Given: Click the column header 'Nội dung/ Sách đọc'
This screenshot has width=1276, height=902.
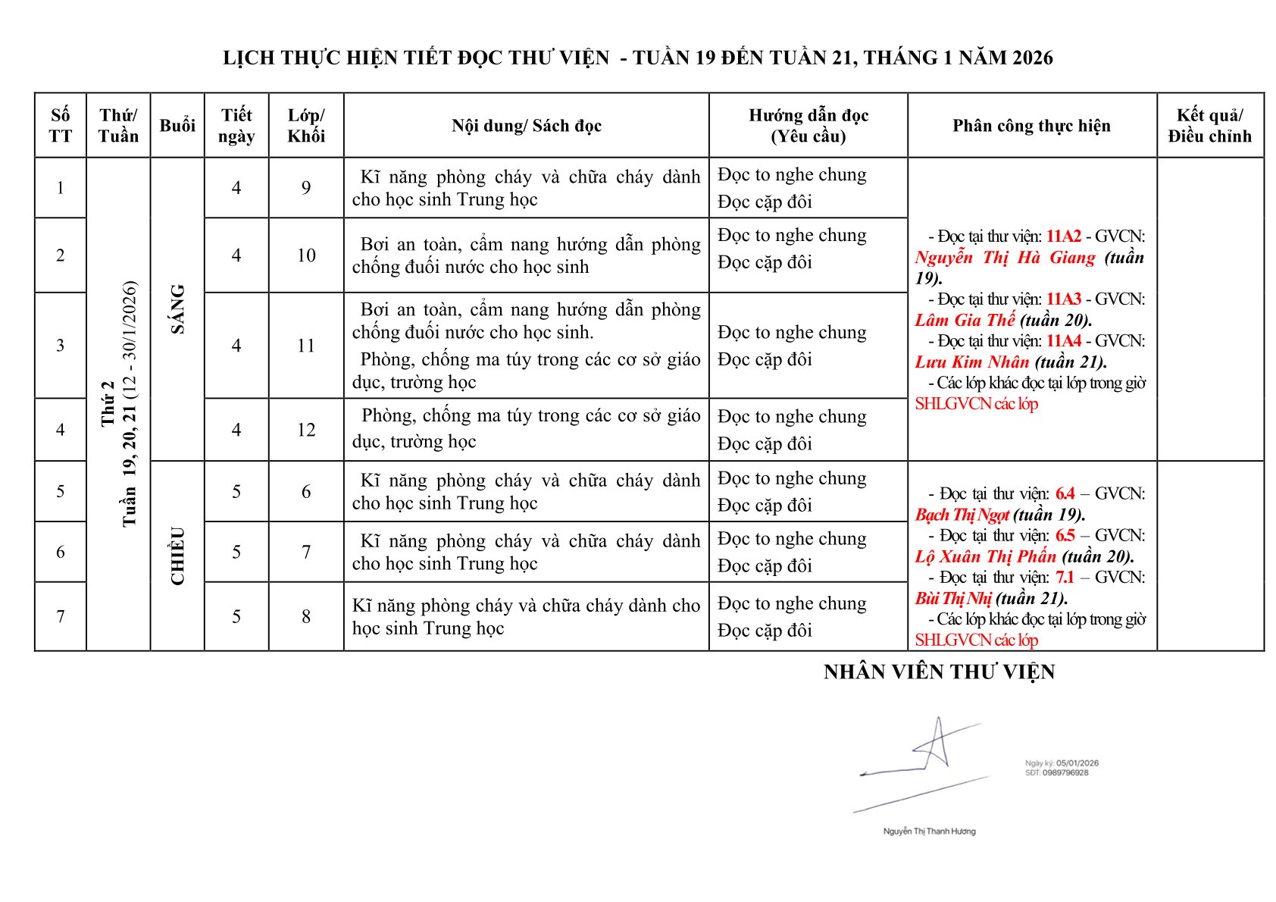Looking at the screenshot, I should [527, 126].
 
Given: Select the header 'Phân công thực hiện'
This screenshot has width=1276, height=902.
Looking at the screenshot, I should [1031, 126].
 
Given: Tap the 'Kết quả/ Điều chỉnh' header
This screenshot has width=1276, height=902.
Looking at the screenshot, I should [1209, 126].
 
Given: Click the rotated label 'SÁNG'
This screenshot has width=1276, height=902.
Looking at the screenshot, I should [177, 308].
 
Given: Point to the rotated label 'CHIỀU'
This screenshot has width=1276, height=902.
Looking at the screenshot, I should [177, 556].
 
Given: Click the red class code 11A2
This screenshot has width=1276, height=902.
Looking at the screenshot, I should [1063, 236].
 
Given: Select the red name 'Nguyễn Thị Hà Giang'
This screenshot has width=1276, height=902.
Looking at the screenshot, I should [1005, 258].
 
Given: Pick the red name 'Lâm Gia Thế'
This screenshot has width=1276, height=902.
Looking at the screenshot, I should [965, 320].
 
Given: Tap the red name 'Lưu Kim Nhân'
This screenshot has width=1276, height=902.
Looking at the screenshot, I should [972, 362].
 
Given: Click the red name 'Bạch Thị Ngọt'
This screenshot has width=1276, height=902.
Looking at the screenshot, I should [962, 515].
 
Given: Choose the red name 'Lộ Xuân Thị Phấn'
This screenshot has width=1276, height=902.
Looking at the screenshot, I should [985, 556].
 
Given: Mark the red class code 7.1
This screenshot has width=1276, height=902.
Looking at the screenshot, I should [1065, 578].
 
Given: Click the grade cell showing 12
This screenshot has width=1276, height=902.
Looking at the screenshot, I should [306, 430].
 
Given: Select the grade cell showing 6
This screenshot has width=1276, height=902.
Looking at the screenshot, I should [306, 491].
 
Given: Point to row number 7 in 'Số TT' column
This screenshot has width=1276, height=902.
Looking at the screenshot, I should [61, 616].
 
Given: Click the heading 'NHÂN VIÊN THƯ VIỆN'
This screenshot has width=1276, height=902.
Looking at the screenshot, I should [939, 672].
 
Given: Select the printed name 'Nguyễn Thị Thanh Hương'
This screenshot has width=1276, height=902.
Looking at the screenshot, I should [929, 832].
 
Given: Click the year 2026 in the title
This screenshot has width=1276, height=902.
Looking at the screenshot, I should [1033, 58].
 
